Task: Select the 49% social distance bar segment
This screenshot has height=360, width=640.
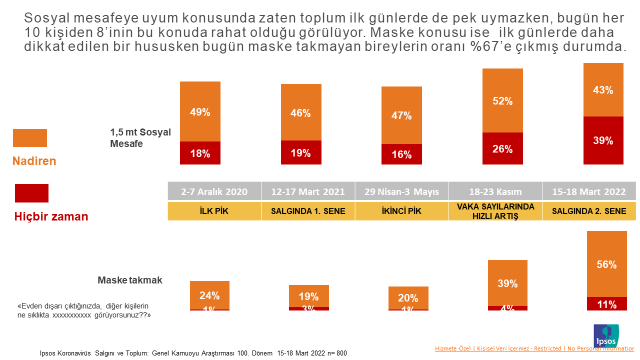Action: click(x=200, y=111)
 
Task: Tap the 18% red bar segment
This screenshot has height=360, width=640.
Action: click(x=200, y=153)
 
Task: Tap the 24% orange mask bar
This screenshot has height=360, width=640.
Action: click(x=211, y=295)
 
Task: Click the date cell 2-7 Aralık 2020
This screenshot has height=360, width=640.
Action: click(x=209, y=192)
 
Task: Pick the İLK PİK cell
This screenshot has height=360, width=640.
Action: click(x=209, y=212)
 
